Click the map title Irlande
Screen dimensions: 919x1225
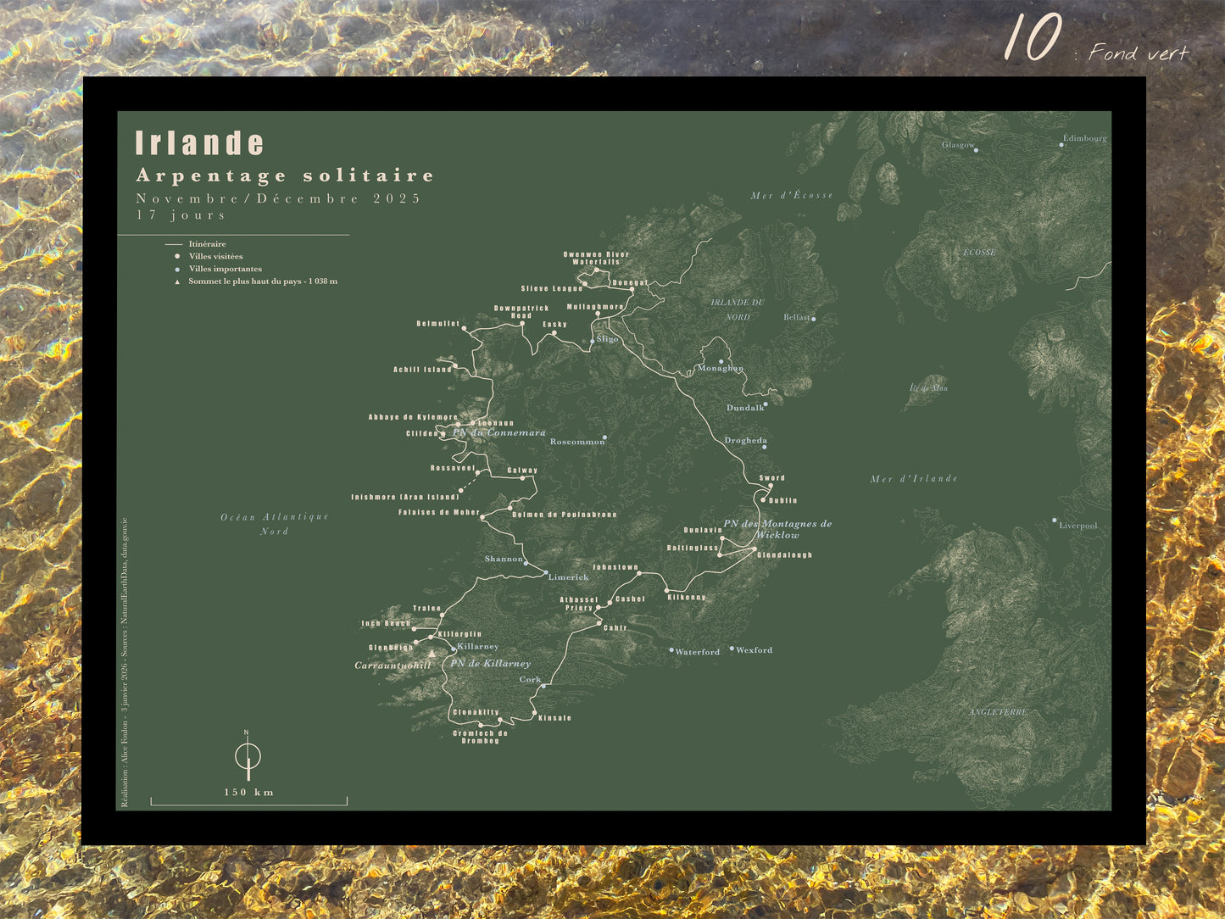(x=200, y=143)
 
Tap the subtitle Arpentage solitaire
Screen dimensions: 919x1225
(x=285, y=175)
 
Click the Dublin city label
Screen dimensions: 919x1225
(x=782, y=500)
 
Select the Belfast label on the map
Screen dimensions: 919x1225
(x=797, y=318)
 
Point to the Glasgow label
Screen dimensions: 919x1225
(x=958, y=145)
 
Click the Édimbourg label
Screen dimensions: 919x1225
(x=1085, y=138)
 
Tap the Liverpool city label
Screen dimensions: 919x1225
(x=1078, y=526)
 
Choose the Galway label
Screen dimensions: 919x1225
(x=522, y=471)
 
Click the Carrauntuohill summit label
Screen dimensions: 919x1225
(x=393, y=666)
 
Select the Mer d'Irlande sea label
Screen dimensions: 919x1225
(x=914, y=479)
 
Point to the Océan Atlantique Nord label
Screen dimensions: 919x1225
(x=275, y=524)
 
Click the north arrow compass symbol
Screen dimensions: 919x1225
(x=248, y=755)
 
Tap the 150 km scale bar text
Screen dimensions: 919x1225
(x=248, y=793)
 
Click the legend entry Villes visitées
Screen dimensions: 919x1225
(x=215, y=256)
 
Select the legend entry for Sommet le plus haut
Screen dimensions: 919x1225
(x=262, y=281)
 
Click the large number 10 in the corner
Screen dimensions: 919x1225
(x=1033, y=38)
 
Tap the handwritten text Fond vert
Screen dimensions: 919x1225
(x=1139, y=53)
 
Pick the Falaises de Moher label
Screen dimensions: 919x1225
(x=439, y=513)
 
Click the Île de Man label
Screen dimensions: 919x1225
(x=928, y=388)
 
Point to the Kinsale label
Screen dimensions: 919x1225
(x=554, y=718)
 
